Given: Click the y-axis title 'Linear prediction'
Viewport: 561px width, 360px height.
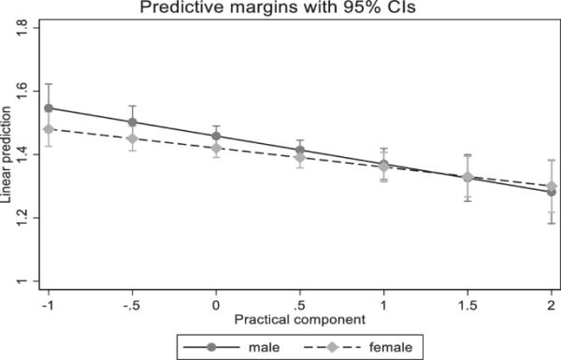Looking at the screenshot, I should click(x=8, y=154).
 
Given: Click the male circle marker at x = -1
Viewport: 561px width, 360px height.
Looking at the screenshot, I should click(x=49, y=108).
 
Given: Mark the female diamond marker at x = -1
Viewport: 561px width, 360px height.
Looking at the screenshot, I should click(x=49, y=129).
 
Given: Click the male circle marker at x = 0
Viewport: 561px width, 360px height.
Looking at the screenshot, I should click(x=216, y=136).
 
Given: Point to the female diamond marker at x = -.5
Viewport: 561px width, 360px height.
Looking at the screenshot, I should click(x=132, y=138).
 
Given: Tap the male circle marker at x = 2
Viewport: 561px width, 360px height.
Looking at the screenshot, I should click(x=552, y=192).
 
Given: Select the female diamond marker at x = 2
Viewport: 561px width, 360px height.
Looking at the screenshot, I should click(x=552, y=185).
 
